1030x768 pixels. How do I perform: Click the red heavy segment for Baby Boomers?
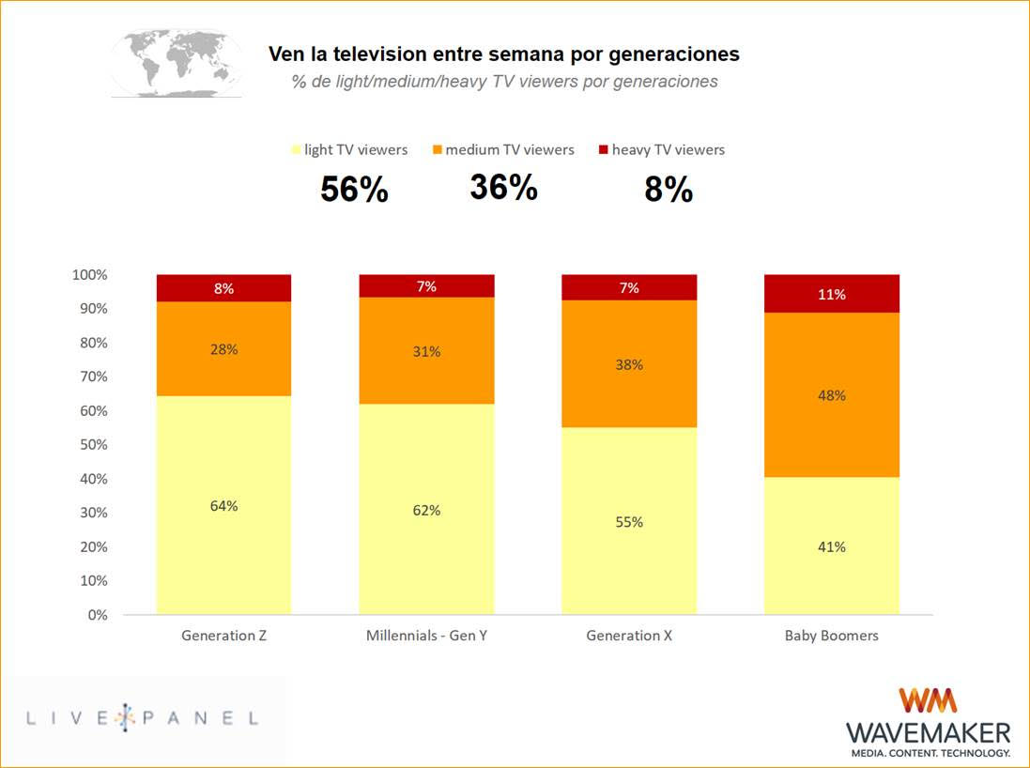tap(832, 293)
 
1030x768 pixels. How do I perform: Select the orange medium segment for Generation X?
tap(629, 363)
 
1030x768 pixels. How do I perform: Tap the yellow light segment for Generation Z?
tap(223, 505)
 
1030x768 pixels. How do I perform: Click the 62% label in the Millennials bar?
tap(426, 511)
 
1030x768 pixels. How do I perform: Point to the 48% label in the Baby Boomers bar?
tap(832, 395)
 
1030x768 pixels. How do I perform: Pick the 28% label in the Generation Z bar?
tap(223, 349)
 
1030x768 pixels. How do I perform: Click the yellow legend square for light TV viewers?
tap(297, 150)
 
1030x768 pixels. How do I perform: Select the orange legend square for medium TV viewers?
tap(438, 150)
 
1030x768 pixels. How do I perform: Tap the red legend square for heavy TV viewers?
tap(604, 150)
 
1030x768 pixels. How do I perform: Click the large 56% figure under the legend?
tap(354, 191)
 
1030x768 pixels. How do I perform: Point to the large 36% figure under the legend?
tap(503, 188)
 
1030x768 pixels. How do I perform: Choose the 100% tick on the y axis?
tap(89, 275)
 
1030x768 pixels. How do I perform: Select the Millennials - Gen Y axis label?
tap(426, 636)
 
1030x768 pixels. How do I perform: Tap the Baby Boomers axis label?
tap(832, 636)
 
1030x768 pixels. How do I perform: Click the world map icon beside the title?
tap(177, 62)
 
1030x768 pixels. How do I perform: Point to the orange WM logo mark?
tap(928, 701)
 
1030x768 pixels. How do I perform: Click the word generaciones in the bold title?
tap(676, 54)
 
